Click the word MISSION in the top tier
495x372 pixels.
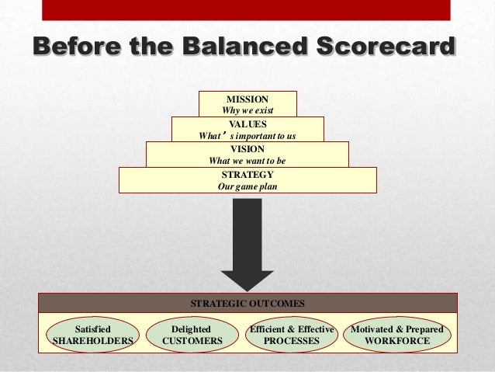(247, 99)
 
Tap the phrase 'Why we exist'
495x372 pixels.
(247, 111)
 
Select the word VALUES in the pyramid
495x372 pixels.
(247, 123)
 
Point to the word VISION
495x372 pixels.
(247, 148)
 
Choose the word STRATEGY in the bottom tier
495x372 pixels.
(247, 175)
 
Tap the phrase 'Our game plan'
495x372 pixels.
(247, 187)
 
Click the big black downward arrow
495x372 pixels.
(247, 249)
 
